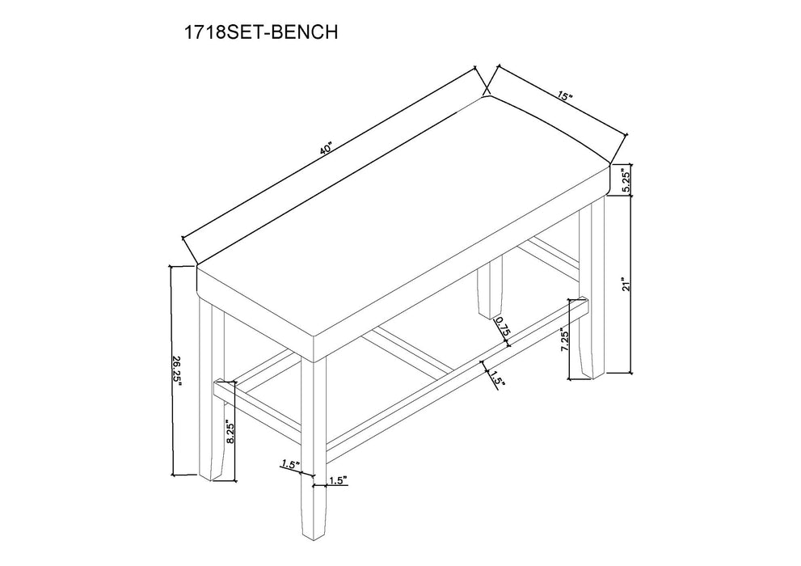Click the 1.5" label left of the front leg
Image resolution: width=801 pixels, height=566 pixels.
290,465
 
